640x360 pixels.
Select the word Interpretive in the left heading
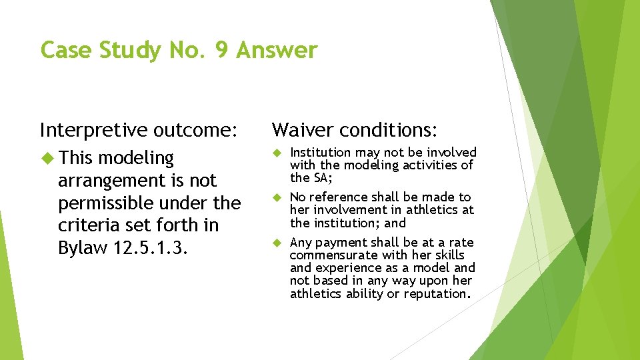94,129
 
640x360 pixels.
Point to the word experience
345,268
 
